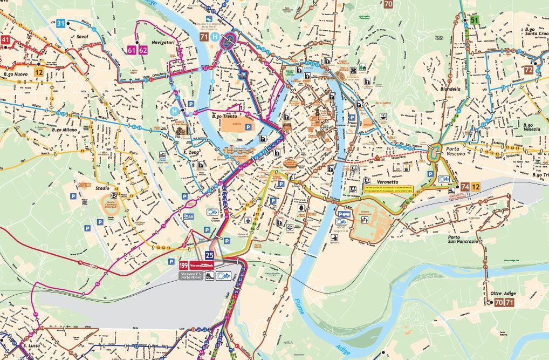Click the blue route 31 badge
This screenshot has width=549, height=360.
[x=60, y=23]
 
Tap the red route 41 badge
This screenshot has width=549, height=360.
[x=5, y=40]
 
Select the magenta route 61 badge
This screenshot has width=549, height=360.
[x=132, y=50]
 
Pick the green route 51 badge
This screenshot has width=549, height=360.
[x=474, y=21]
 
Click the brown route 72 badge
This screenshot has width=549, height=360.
[x=529, y=70]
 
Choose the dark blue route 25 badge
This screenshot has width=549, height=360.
[x=210, y=255]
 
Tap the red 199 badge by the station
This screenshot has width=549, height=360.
[x=184, y=266]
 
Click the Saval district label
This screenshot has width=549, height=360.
[x=83, y=37]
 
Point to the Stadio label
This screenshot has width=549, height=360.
[x=102, y=189]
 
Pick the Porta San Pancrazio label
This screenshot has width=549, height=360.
[x=462, y=239]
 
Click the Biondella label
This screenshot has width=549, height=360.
[x=450, y=89]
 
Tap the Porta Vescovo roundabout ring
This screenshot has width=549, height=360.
[x=436, y=153]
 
